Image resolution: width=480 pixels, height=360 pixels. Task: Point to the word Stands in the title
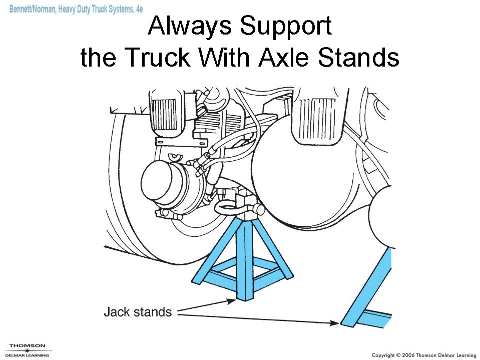coord(359,58)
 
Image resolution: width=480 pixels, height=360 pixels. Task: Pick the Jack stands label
coord(138,312)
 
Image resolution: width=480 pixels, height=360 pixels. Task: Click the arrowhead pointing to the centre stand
coord(231,301)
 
